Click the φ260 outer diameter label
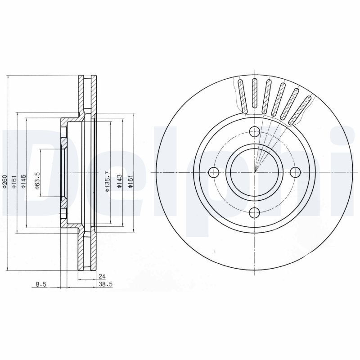[x=5, y=183]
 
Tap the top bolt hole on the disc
[x=254, y=131]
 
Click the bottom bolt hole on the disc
[x=254, y=213]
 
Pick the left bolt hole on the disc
[x=214, y=172]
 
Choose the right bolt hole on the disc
[x=295, y=172]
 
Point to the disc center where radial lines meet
[x=254, y=172]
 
